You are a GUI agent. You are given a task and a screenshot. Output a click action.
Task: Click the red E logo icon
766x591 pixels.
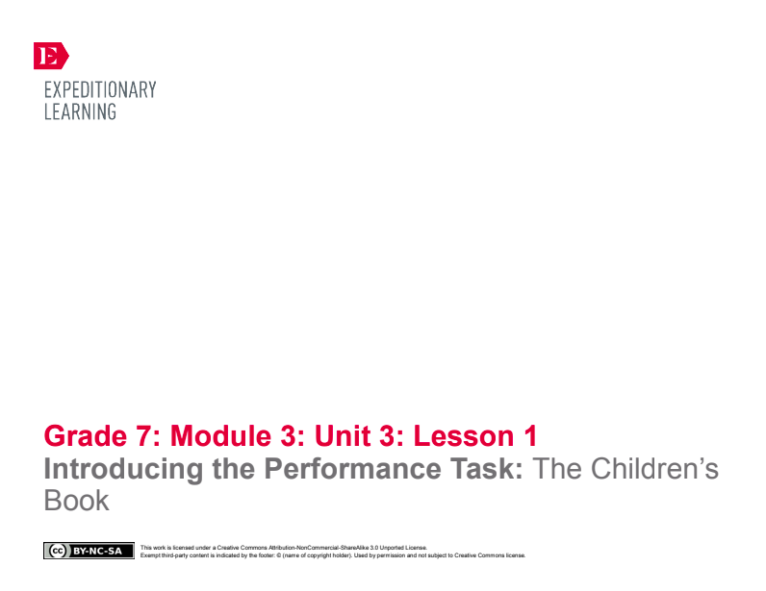[x=50, y=56]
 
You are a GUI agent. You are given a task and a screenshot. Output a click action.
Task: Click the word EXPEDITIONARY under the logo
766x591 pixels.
[x=100, y=90]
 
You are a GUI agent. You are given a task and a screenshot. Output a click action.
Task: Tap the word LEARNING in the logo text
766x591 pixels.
[x=80, y=111]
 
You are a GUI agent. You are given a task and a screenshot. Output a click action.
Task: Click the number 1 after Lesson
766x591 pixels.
[x=530, y=436]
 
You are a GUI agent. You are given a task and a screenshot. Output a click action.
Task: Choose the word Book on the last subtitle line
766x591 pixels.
[x=77, y=501]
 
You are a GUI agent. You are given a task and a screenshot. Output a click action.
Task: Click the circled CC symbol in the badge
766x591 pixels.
[x=55, y=552]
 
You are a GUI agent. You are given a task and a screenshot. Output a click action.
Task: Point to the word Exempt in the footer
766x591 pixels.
[x=149, y=555]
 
